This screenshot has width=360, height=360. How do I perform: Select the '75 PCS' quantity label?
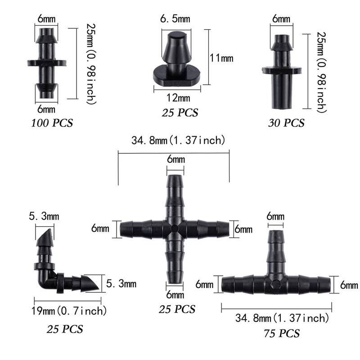point(280,333)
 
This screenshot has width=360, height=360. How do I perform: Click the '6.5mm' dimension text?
point(175,19)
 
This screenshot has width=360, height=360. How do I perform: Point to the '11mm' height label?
point(221,58)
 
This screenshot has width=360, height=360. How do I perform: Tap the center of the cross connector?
point(175,229)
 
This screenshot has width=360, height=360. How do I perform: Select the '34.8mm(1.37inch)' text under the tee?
point(282,319)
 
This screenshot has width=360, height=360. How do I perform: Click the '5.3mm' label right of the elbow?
point(121,284)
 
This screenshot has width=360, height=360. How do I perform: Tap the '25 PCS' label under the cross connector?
point(177,310)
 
